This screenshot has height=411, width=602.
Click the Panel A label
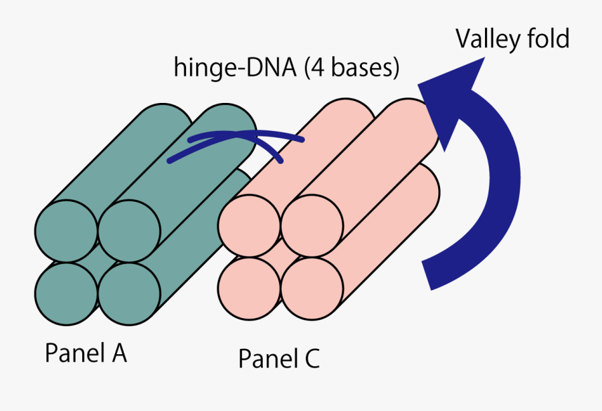86,354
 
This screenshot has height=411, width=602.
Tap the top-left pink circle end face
249,227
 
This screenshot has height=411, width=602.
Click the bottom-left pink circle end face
249,289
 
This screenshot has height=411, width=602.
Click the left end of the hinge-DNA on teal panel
171,161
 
